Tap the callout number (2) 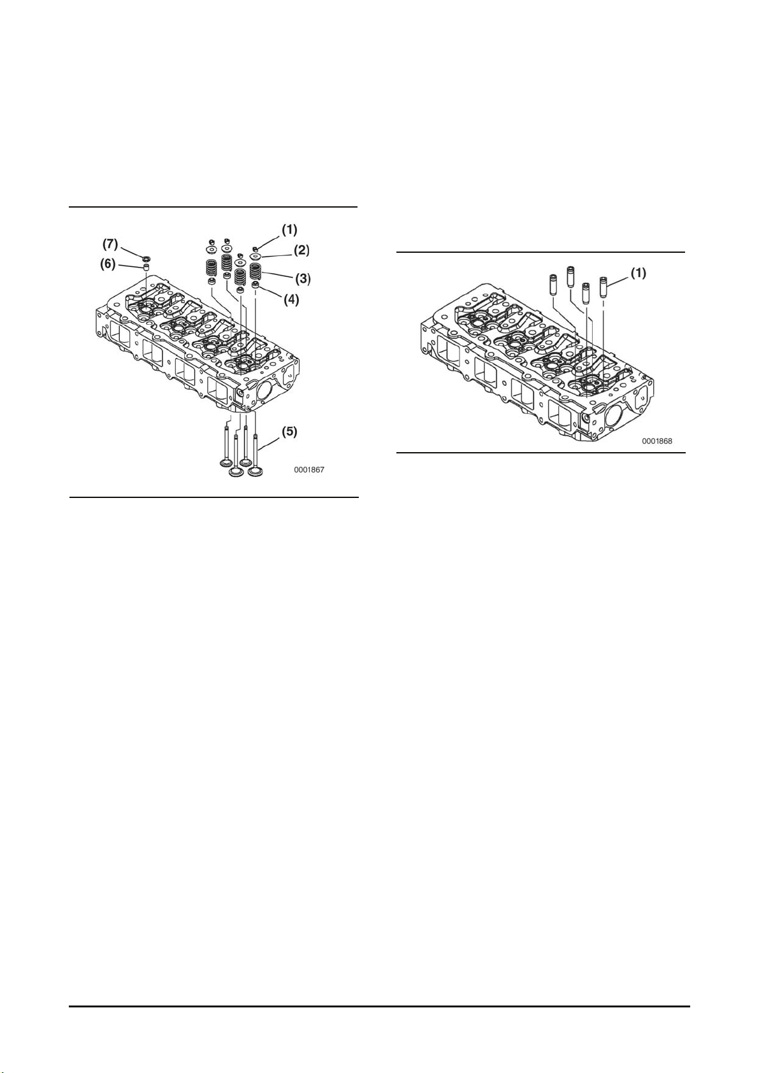301,250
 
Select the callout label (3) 301,278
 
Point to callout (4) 291,299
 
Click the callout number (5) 289,432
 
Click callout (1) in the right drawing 639,273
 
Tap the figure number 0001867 309,470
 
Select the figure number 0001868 656,441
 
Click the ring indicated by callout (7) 146,258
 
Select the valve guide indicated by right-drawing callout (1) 604,286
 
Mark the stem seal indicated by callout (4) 256,285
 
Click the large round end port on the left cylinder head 264,390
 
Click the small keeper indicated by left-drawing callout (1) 255,247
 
